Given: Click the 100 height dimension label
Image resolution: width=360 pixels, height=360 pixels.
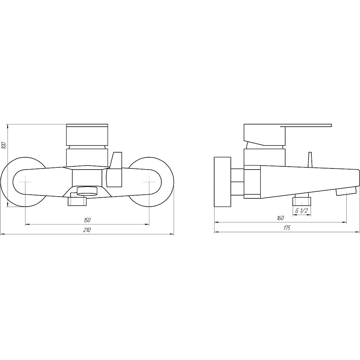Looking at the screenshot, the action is pos(4,146).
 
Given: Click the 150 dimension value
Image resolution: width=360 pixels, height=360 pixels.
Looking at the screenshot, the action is pos(87,220).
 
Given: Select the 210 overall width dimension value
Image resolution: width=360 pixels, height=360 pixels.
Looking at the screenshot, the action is pos(87,230).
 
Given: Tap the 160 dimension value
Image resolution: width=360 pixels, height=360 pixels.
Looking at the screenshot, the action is pos(280,218).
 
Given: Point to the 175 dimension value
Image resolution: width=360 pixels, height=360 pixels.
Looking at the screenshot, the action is pos(287,228).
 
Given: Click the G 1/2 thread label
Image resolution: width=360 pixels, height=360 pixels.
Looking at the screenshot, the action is pos(301,211).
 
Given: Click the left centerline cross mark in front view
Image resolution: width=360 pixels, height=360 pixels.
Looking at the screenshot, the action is pos(25,182).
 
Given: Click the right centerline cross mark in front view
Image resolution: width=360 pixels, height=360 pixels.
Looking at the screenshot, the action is pos(149,182).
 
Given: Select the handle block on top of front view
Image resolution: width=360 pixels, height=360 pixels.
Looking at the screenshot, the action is pos(87,135).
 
